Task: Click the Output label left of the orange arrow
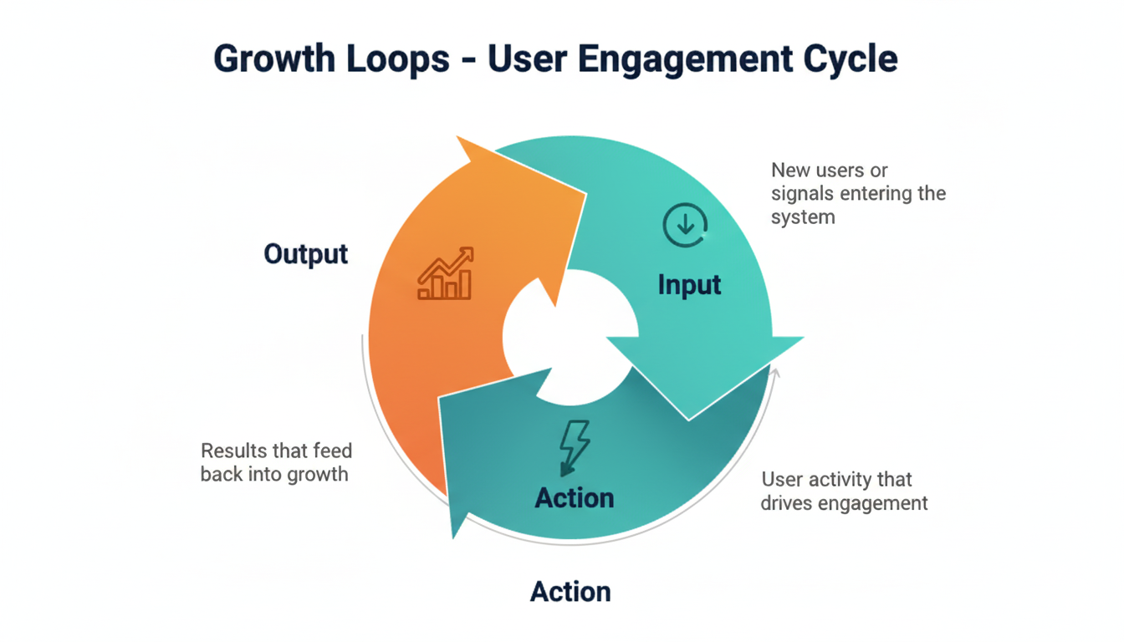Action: [x=305, y=254]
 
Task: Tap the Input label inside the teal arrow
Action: [x=689, y=285]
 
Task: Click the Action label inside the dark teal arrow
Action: [x=575, y=498]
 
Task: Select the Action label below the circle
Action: [x=570, y=592]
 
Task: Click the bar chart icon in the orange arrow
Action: [x=446, y=273]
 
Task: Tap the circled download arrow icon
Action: [x=685, y=224]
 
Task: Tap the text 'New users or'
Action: [x=829, y=171]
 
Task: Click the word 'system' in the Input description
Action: [x=802, y=217]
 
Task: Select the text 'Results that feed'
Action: [x=276, y=451]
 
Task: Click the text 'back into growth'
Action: [x=274, y=475]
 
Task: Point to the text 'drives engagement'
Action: [x=845, y=503]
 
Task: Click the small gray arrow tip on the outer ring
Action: [x=775, y=372]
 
